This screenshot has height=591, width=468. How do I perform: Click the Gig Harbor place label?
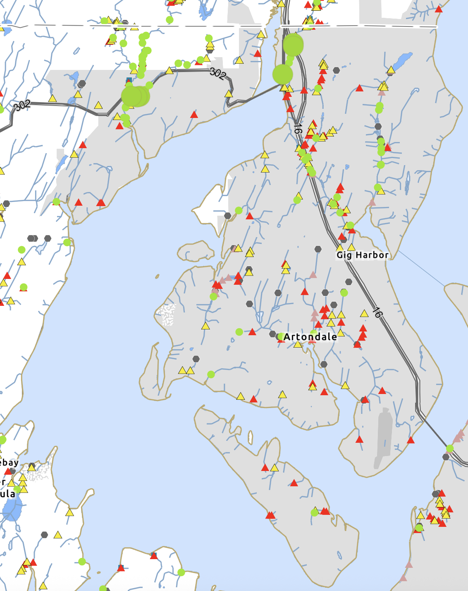click(x=363, y=255)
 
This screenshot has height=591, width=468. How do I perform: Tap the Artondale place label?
click(x=310, y=337)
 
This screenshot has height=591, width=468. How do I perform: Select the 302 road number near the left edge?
click(x=22, y=105)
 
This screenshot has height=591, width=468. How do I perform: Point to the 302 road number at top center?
click(x=218, y=73)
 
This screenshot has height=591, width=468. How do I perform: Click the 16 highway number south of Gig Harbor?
click(x=377, y=312)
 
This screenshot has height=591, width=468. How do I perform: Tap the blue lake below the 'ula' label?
click(x=12, y=509)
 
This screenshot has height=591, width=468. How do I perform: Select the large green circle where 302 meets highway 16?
click(x=283, y=74)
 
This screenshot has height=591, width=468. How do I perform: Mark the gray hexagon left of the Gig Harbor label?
click(x=318, y=249)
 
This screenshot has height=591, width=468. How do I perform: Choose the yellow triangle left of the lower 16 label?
click(x=364, y=314)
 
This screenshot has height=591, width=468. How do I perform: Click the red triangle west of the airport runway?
click(x=360, y=440)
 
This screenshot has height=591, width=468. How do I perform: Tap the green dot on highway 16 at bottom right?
click(x=450, y=448)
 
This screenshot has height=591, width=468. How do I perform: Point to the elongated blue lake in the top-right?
click(x=402, y=61)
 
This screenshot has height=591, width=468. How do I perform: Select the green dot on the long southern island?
click(x=314, y=513)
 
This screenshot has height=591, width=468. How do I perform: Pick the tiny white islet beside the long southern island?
click(x=250, y=437)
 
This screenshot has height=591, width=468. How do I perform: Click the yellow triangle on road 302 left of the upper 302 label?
click(x=169, y=71)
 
